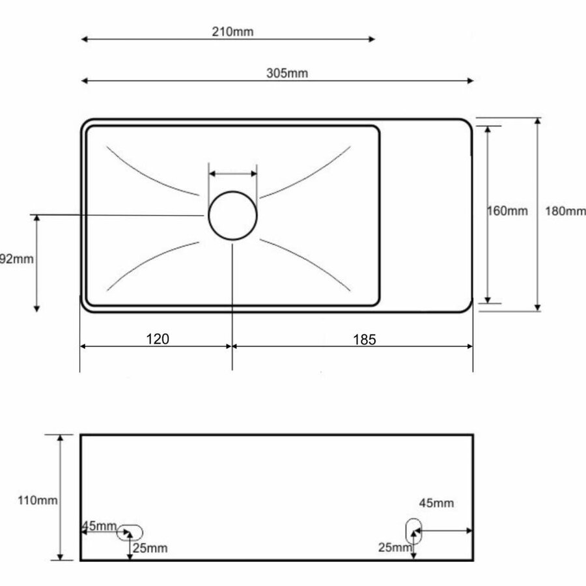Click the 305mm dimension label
pyautogui.click(x=286, y=73)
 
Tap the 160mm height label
pyautogui.click(x=508, y=211)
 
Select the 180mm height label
pyautogui.click(x=565, y=211)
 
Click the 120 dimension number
pyautogui.click(x=158, y=339)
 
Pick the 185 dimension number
pyautogui.click(x=365, y=339)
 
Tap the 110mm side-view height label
pyautogui.click(x=37, y=501)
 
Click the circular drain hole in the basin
pyautogui.click(x=232, y=216)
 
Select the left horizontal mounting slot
pyautogui.click(x=130, y=532)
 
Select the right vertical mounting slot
pyautogui.click(x=413, y=531)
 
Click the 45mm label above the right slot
pyautogui.click(x=436, y=503)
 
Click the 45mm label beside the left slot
pyautogui.click(x=99, y=526)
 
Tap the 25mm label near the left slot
pyautogui.click(x=150, y=548)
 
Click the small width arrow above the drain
pyautogui.click(x=232, y=174)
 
